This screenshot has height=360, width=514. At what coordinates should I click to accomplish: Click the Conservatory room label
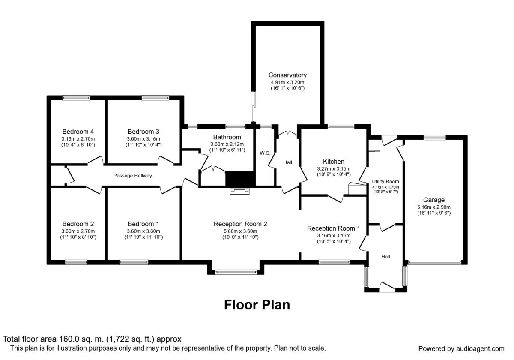[x=287, y=75]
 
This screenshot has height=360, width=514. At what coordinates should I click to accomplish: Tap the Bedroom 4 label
[x=78, y=132]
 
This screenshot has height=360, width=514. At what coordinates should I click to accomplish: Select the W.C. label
[x=265, y=153]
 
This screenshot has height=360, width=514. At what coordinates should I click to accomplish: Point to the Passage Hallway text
[x=133, y=176]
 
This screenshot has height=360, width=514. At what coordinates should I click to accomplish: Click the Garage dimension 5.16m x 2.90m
[x=434, y=207]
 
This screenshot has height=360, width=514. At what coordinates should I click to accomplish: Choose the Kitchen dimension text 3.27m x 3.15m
[x=334, y=168]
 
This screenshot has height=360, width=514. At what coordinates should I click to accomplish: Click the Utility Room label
[x=385, y=181]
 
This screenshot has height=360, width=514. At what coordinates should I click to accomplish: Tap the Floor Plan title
[x=257, y=305]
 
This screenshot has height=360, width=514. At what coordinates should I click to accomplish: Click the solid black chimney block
[x=240, y=179]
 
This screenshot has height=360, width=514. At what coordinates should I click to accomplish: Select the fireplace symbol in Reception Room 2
[x=240, y=191]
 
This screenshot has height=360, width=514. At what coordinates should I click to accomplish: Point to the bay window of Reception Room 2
[x=236, y=272]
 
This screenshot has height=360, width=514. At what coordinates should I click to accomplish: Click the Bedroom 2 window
[x=76, y=262]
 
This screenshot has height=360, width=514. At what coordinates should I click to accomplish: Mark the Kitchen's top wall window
[x=341, y=126]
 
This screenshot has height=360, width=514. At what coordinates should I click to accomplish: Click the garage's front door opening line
[x=434, y=262]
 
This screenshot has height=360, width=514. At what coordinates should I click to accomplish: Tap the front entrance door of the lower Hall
[x=387, y=287]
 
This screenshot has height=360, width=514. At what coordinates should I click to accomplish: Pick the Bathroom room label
[x=227, y=137]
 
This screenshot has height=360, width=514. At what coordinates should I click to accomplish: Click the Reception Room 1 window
[x=334, y=262]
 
